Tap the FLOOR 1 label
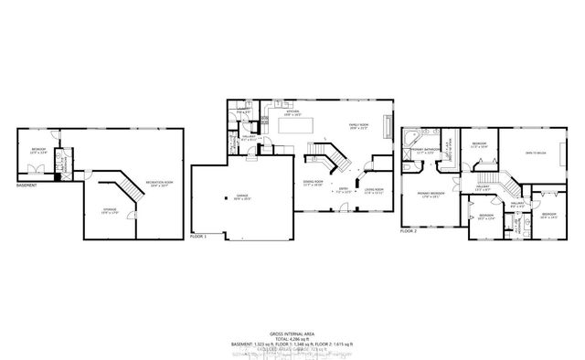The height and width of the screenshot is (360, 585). (x=198, y=237)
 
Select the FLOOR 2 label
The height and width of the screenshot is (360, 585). (x=408, y=233)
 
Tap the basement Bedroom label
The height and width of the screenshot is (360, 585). (x=38, y=150)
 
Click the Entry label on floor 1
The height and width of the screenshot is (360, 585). (x=343, y=191)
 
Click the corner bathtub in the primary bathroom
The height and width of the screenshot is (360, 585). (x=410, y=140)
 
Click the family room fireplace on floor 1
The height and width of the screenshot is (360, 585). (x=388, y=127)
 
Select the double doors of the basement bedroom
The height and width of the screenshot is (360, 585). (x=34, y=170)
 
